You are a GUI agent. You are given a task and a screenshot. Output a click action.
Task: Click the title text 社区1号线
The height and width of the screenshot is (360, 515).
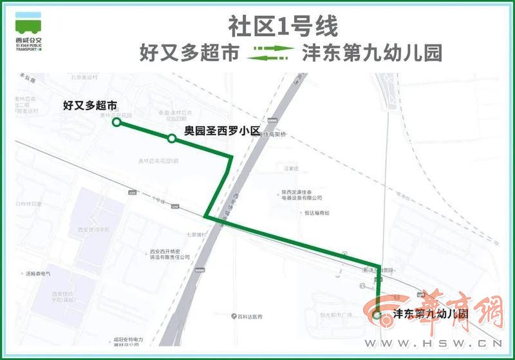pyautogui.click(x=283, y=26)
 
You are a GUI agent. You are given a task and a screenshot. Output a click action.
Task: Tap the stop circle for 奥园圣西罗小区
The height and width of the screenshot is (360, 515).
pyautogui.click(x=171, y=138)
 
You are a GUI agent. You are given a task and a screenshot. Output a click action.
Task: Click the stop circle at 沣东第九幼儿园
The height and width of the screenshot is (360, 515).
pyautogui.click(x=377, y=315)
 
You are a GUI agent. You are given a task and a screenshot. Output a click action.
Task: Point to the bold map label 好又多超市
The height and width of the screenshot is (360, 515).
pyautogui.click(x=90, y=104)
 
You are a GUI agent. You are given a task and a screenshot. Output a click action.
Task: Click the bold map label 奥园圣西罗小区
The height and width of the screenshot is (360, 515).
pyautogui.click(x=221, y=131)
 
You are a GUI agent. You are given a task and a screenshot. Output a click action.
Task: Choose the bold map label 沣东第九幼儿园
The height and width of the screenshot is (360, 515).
pyautogui.click(x=429, y=316)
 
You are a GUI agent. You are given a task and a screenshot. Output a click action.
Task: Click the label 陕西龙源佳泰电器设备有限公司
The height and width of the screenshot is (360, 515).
pyautogui.click(x=301, y=194)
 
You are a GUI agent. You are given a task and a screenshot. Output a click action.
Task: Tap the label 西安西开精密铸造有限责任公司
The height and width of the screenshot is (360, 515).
pyautogui.click(x=170, y=254)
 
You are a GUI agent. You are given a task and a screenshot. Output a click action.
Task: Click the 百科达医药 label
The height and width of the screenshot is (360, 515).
pyautogui.click(x=247, y=317)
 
